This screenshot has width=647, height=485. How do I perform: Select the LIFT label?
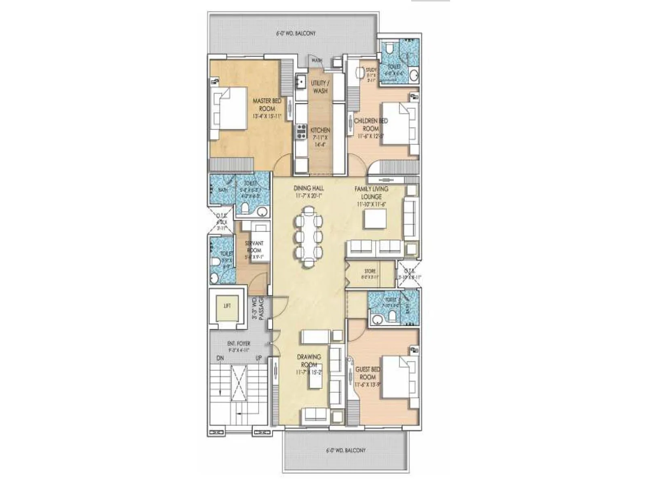[x=227, y=306]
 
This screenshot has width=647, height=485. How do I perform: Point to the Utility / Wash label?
[x=320, y=87]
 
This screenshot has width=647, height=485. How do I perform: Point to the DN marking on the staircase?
[x=220, y=358]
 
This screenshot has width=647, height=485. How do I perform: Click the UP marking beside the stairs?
[x=258, y=358]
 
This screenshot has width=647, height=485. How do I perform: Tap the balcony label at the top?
[x=296, y=33]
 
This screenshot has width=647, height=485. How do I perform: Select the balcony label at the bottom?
[x=345, y=450]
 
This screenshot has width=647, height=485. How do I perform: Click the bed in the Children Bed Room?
[x=398, y=123]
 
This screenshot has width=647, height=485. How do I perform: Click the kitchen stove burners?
[x=301, y=132]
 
